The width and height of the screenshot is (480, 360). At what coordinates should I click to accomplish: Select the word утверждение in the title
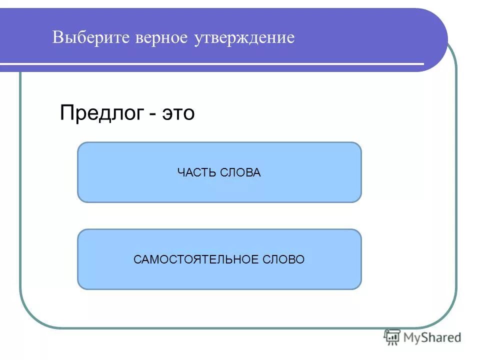(244, 38)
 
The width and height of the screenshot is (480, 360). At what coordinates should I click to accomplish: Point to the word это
(177, 113)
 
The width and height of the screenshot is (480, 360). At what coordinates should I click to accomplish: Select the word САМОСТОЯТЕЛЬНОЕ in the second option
(195, 259)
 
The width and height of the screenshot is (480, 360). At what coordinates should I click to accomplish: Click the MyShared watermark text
(432, 338)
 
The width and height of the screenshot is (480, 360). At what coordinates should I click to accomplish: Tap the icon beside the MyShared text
(392, 337)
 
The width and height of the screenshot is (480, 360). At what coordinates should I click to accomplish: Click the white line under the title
(210, 64)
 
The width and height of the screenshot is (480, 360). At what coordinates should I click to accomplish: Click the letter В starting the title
(57, 38)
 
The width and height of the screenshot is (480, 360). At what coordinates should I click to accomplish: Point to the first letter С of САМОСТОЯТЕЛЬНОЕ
(137, 259)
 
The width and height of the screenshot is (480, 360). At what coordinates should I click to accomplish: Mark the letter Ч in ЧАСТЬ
(180, 173)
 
